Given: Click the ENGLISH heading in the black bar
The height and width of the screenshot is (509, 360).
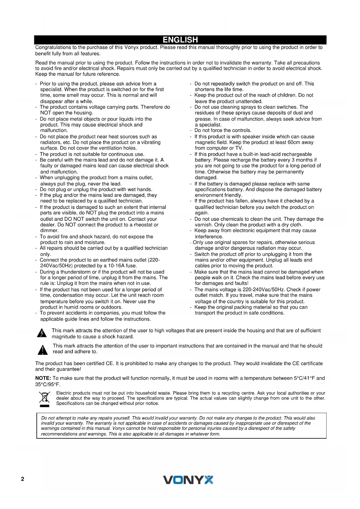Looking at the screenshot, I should pyautogui.click(x=180, y=40).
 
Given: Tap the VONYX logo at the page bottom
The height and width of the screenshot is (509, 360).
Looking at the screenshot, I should pyautogui.click(x=188, y=480).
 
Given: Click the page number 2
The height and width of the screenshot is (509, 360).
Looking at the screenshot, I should pyautogui.click(x=23, y=479).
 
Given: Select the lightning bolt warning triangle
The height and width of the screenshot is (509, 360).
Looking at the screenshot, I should pyautogui.click(x=42, y=333).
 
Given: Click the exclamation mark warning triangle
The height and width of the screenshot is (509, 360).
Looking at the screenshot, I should pyautogui.click(x=43, y=350).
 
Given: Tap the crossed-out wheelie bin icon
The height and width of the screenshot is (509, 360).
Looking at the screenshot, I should pyautogui.click(x=44, y=399).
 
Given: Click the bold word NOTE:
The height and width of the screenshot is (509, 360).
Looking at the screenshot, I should pyautogui.click(x=43, y=378).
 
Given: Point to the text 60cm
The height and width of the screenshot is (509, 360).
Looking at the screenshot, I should pyautogui.click(x=294, y=142).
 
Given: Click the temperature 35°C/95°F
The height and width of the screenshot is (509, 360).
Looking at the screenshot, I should pyautogui.click(x=47, y=385).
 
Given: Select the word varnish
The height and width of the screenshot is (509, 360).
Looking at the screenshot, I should pyautogui.click(x=204, y=225).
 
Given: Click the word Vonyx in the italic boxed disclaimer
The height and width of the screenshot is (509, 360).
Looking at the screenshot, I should pyautogui.click(x=118, y=429).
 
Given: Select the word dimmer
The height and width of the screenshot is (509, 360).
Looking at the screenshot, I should pyautogui.click(x=49, y=231).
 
